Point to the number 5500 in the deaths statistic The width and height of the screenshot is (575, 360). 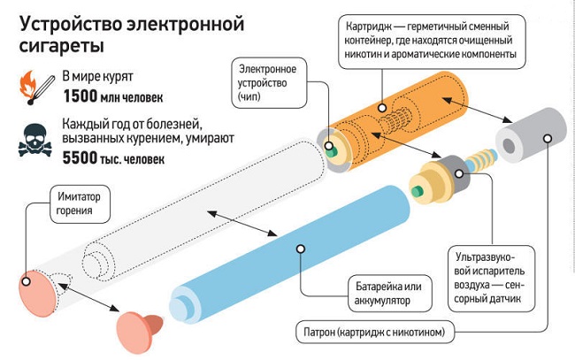pos(83,161)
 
